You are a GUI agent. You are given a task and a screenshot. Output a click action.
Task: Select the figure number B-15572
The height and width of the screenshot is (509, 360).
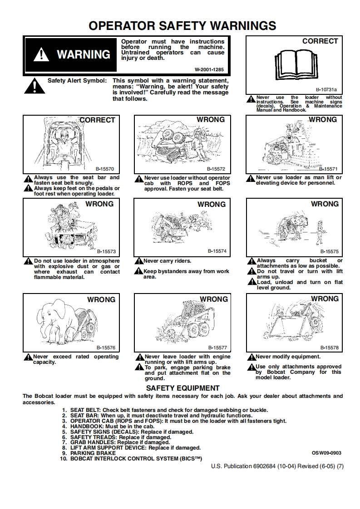point(216,168)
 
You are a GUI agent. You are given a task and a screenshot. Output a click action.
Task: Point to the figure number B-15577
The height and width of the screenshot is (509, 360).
point(217,347)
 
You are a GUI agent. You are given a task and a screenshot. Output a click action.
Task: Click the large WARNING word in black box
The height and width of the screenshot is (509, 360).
point(83,54)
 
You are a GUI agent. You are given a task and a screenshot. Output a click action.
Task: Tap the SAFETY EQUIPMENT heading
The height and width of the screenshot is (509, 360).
point(182,388)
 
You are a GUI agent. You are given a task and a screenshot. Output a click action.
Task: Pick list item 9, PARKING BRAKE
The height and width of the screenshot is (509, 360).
point(93,453)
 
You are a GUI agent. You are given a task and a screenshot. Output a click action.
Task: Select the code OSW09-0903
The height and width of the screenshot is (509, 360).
point(326,453)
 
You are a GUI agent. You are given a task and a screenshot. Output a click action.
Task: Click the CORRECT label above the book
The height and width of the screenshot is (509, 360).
point(320,41)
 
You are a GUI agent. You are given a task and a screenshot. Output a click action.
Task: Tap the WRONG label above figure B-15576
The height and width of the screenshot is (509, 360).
point(101,299)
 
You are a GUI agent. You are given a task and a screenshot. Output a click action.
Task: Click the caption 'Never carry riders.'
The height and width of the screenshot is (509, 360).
point(167,261)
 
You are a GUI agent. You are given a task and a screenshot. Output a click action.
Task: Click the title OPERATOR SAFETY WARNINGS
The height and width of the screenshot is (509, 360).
point(182,25)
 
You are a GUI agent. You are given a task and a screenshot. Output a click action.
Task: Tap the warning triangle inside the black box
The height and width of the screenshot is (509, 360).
point(41,55)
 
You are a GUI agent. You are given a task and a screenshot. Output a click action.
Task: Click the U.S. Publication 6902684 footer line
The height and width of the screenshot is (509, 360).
point(277,466)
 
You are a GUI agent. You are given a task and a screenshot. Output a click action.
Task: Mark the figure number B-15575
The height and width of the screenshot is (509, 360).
point(329,251)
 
